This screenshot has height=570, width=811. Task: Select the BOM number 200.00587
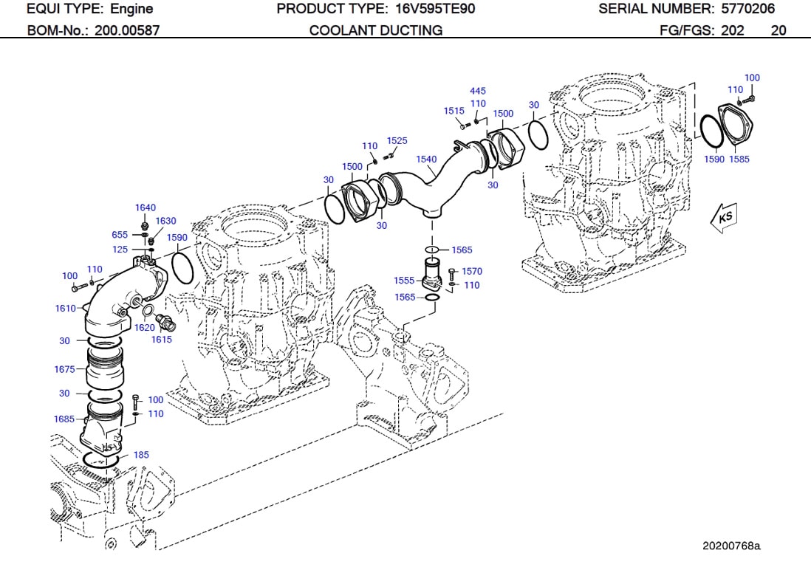(x=127, y=30)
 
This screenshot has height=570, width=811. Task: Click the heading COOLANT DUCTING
(x=376, y=30)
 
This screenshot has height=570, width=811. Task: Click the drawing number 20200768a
(x=730, y=546)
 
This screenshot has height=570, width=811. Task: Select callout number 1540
(x=426, y=159)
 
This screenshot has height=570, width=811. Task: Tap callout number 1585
(x=739, y=159)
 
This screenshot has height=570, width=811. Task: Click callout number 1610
(x=65, y=308)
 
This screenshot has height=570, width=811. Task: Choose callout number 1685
(x=64, y=419)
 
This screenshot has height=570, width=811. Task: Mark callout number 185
(x=141, y=455)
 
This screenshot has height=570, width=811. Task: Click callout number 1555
(x=404, y=281)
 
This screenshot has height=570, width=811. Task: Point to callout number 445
(x=478, y=92)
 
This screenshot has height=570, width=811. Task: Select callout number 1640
(x=146, y=207)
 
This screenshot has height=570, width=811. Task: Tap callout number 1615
(x=161, y=340)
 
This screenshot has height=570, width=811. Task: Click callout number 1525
(x=397, y=140)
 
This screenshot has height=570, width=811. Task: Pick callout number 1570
(x=471, y=272)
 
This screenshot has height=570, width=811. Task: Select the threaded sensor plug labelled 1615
(x=166, y=323)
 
